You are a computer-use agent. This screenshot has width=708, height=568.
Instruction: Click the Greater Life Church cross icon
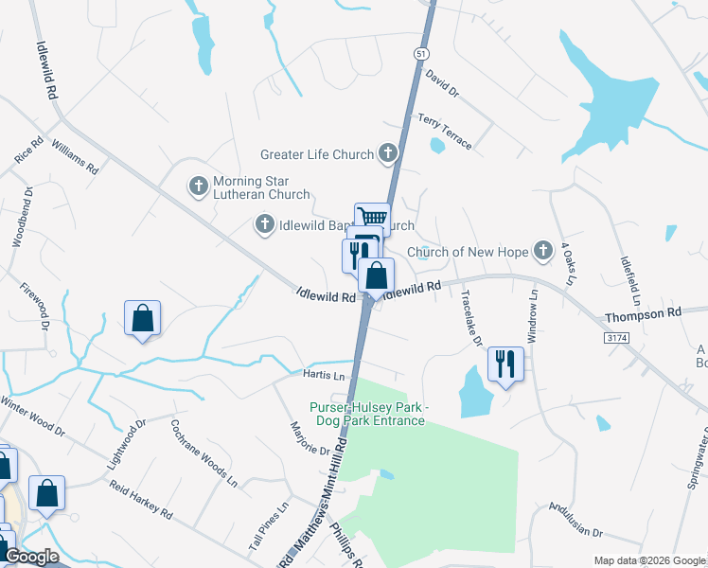(x=388, y=152)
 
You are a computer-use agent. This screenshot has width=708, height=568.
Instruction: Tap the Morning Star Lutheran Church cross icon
(x=199, y=186)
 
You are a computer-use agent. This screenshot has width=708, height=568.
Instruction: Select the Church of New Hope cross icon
(x=542, y=251)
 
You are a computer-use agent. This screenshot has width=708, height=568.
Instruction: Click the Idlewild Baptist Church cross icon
(x=265, y=224)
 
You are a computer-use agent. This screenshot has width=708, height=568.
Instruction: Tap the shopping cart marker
(x=372, y=219)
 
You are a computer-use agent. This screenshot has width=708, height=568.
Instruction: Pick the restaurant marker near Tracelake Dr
(x=505, y=364)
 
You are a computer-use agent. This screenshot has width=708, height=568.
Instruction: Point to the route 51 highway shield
(x=419, y=55)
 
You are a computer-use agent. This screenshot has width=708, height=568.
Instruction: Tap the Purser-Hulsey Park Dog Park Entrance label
(x=367, y=414)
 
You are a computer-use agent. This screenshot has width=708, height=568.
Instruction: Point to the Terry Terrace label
(x=444, y=130)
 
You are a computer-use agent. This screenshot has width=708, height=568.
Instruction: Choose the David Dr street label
(x=441, y=83)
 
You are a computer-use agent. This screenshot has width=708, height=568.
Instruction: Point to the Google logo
(x=31, y=557)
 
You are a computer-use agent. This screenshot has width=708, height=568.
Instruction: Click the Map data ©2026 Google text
(x=648, y=559)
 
